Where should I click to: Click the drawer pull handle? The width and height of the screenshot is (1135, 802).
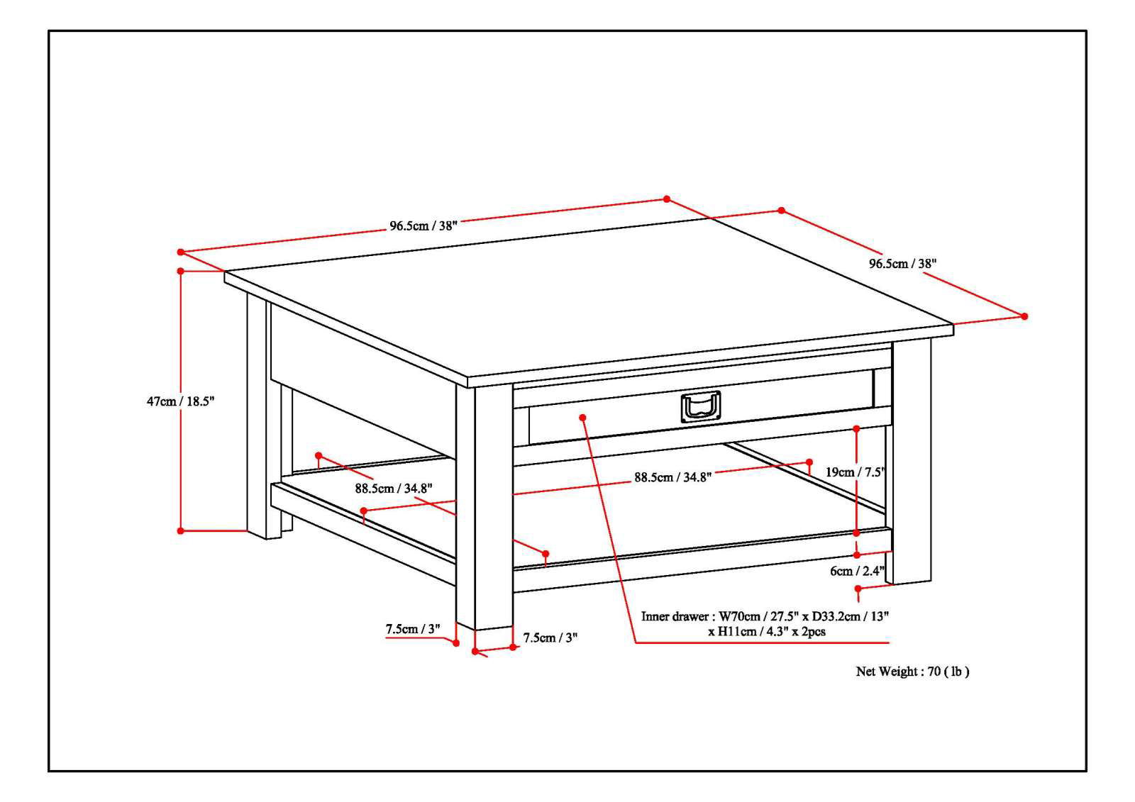click(x=700, y=408)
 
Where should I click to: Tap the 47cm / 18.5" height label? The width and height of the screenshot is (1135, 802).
click(x=180, y=401)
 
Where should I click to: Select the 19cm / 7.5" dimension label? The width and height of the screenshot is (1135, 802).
click(x=856, y=472)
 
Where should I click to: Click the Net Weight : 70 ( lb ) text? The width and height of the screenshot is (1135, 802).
click(x=912, y=672)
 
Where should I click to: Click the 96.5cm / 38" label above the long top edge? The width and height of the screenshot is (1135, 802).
click(x=423, y=226)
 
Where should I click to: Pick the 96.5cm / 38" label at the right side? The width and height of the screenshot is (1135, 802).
click(x=903, y=263)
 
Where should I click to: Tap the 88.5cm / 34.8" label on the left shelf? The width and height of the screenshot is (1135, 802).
click(x=394, y=488)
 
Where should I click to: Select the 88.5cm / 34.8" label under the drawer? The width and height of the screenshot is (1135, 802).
click(x=672, y=477)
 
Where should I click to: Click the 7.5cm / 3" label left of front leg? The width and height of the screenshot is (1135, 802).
click(x=413, y=629)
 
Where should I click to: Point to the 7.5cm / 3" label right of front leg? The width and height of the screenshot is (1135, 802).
click(x=550, y=637)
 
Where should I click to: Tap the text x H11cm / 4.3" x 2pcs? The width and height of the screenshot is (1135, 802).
click(x=767, y=631)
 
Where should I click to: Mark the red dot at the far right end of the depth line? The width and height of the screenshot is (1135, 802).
click(x=1024, y=316)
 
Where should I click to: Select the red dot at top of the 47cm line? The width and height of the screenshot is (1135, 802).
click(x=181, y=271)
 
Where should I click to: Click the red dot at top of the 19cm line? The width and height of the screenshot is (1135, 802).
click(x=857, y=428)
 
